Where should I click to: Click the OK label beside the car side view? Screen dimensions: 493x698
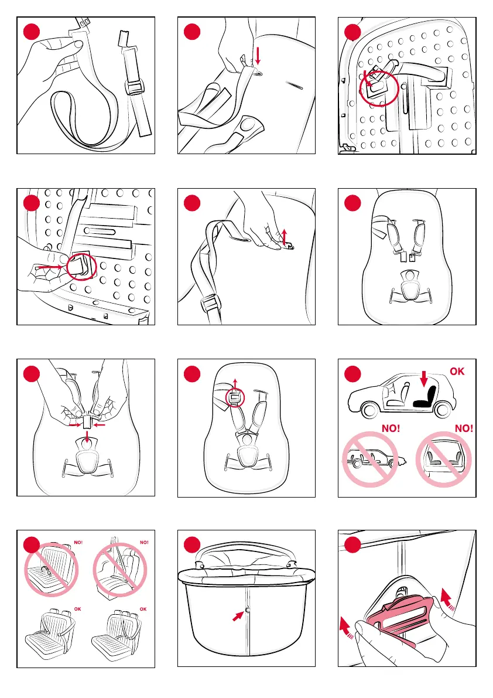tap(457, 371)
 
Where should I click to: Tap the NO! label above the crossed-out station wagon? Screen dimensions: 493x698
tap(391, 428)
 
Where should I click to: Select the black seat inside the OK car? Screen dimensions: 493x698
tap(425, 397)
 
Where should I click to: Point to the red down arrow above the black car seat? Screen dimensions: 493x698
tap(424, 379)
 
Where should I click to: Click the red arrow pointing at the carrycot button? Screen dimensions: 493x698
tap(238, 616)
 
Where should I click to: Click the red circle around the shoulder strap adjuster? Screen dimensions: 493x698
tap(235, 397)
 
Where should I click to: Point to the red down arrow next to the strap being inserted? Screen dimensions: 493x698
tap(258, 56)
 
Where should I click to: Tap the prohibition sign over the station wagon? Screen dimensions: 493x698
tap(369, 459)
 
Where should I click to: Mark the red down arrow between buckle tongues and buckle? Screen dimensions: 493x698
tap(88, 436)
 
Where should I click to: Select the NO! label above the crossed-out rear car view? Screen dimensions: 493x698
tap(464, 428)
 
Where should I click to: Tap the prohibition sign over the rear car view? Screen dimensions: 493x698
tap(443, 459)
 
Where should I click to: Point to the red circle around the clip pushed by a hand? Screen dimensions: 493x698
tap(81, 266)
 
